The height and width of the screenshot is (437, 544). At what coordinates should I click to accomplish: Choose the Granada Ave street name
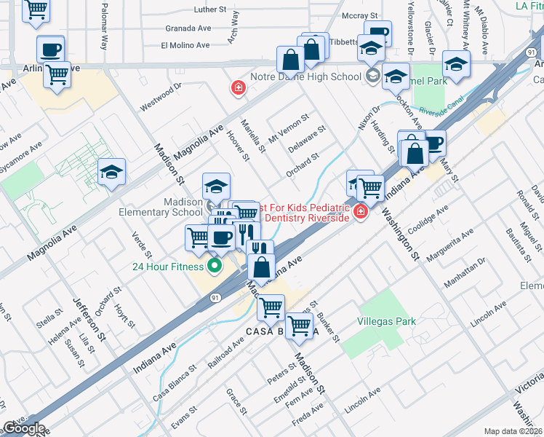pos(188,28)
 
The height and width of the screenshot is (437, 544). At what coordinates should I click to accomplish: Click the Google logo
pos(23,428)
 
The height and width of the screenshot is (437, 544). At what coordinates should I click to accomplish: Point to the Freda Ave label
pos(308,417)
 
